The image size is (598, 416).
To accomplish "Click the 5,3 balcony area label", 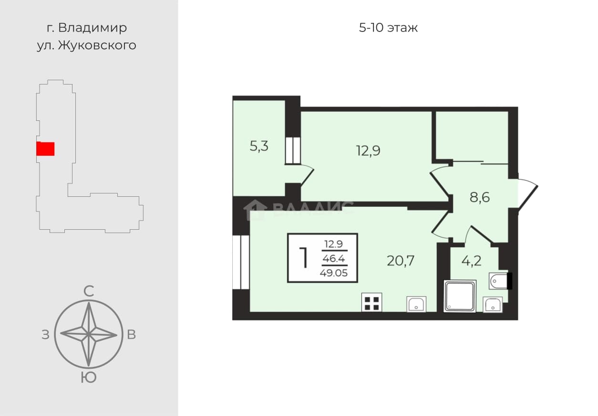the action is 259,146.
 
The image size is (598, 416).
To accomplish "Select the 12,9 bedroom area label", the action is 368,150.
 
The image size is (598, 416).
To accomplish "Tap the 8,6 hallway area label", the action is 479,198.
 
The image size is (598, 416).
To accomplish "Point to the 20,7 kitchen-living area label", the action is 401,261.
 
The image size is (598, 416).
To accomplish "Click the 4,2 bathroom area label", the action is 472,261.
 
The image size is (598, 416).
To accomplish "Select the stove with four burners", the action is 371,303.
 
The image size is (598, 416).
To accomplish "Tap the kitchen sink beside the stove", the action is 416,304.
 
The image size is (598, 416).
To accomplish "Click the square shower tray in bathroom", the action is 460,296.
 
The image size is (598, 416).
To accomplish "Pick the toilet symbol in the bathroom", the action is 500,281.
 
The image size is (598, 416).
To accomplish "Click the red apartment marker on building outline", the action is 45,149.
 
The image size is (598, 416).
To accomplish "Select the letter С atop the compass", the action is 89,291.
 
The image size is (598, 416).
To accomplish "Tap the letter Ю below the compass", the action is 88,378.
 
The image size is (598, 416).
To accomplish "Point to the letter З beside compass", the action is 45,335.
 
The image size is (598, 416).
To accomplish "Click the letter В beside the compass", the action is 131,335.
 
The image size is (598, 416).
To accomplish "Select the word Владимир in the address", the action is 93,28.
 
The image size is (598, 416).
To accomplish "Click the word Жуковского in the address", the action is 97,45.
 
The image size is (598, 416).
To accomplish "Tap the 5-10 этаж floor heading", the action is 388,28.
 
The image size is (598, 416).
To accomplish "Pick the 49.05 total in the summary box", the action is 334,273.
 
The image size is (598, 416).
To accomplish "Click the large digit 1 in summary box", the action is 304,258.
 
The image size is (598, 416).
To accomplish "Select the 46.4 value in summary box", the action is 334,258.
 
